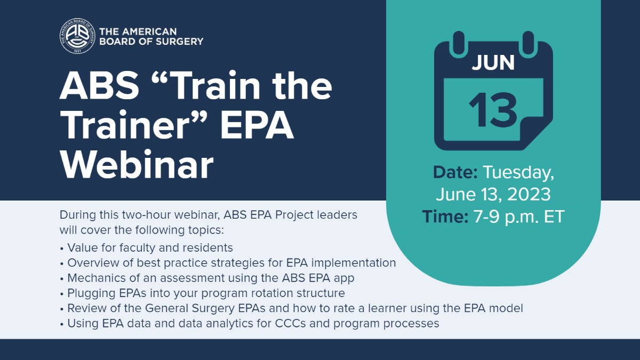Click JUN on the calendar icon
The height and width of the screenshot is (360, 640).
pos(493,63)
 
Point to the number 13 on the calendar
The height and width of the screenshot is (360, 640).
pos(493,109)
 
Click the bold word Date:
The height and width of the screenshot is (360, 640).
pos(455,172)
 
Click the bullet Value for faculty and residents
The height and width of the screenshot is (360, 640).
pos(150,247)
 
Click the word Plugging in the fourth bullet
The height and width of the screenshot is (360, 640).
pos(88,293)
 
